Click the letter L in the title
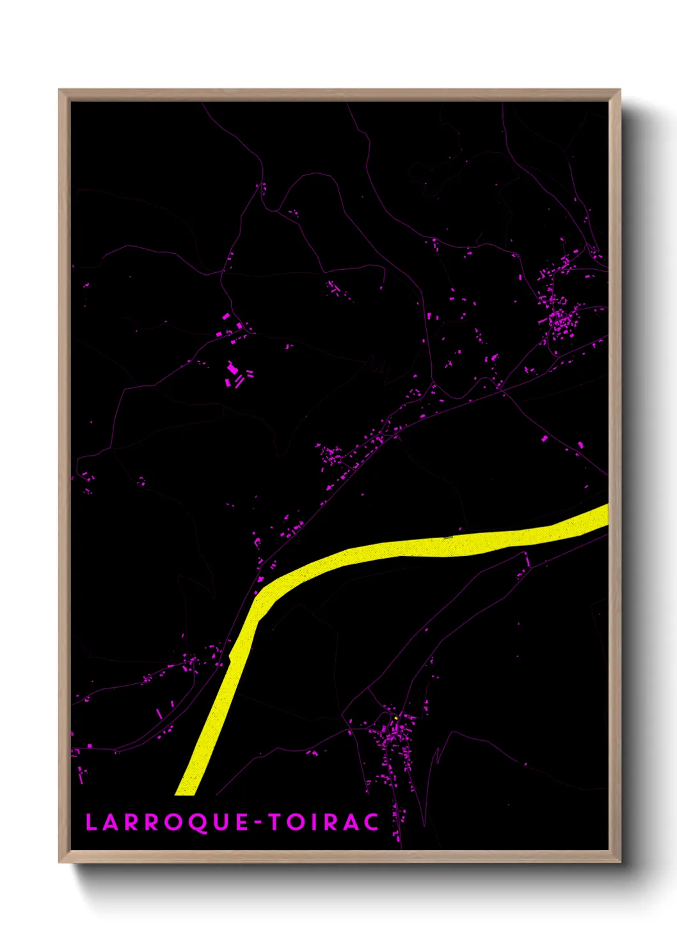click(91, 822)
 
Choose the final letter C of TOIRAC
click(371, 822)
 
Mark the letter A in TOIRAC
click(351, 822)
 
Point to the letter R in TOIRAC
click(331, 822)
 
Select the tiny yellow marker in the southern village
click(396, 718)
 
